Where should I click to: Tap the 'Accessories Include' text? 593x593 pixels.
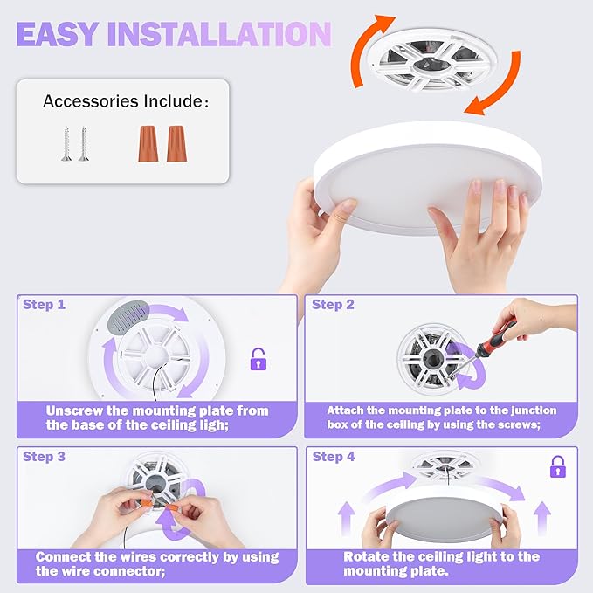coord(125,101)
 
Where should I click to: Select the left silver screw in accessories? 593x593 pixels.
coord(66,142)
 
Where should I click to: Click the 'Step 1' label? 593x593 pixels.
coord(44,305)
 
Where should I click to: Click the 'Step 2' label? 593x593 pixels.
coord(333,305)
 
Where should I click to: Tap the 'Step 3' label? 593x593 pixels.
coord(44,457)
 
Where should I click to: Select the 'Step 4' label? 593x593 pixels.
coord(333,457)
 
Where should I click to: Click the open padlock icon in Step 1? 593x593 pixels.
coord(258,359)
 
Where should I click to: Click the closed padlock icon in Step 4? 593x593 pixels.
coord(557,467)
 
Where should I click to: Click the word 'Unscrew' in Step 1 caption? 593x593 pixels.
coord(79,410)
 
